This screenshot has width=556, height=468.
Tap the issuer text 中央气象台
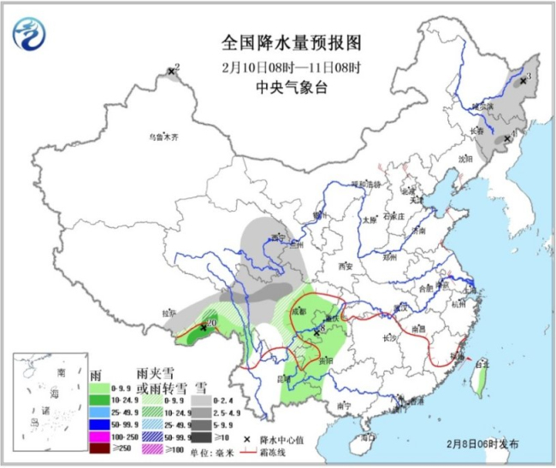[279, 86]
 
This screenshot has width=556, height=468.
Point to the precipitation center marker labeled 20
[204, 325]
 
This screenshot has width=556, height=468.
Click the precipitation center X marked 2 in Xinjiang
[171, 71]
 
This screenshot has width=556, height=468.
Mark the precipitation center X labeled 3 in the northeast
[522, 80]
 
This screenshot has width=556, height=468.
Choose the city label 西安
[345, 266]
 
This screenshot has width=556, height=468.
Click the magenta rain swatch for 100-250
[103, 432]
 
